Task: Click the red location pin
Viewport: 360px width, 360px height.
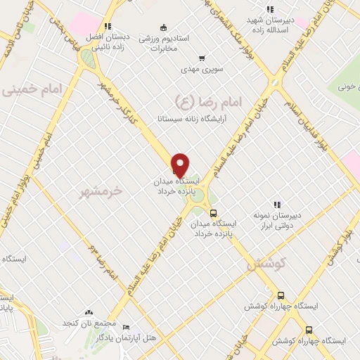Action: tap(181, 164)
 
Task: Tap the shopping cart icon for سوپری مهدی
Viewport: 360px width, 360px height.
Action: tap(202, 58)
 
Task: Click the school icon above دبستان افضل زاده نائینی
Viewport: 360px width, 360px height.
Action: tap(108, 27)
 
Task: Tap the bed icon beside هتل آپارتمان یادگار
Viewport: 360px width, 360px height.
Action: tap(126, 328)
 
